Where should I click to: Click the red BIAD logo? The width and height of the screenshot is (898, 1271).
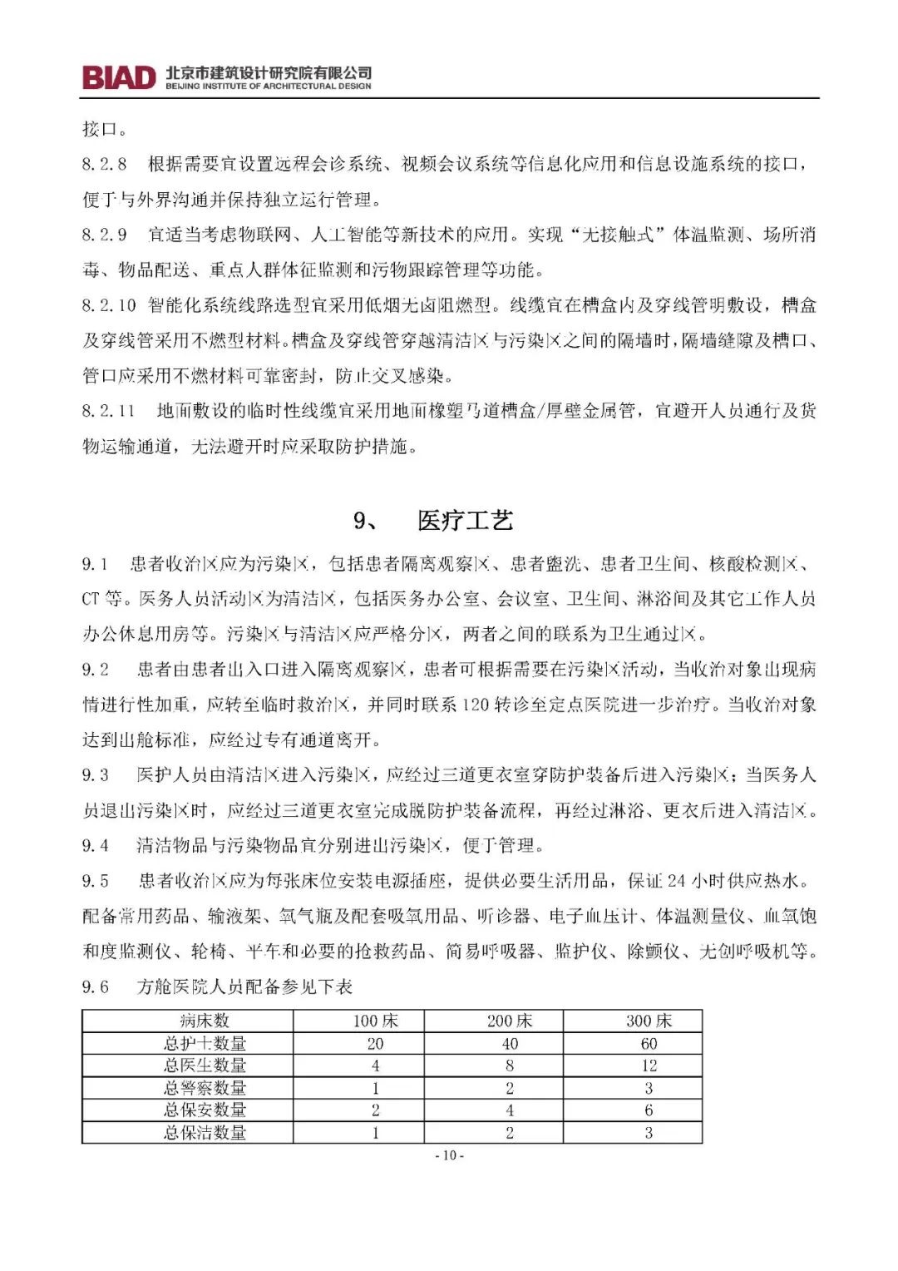click(119, 77)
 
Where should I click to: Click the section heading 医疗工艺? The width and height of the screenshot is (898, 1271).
click(466, 521)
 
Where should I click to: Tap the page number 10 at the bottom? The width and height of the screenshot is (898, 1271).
click(449, 1155)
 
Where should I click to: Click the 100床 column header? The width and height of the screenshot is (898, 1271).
click(376, 1021)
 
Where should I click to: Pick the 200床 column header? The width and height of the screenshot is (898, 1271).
click(510, 1021)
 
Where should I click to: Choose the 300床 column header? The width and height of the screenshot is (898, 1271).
click(649, 1021)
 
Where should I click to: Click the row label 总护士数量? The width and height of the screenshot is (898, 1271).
click(205, 1043)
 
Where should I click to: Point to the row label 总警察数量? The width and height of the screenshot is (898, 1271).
click(205, 1088)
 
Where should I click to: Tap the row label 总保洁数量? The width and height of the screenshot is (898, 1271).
click(205, 1132)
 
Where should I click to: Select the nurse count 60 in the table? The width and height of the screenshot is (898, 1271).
click(649, 1043)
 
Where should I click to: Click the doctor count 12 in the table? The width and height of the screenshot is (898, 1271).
click(649, 1066)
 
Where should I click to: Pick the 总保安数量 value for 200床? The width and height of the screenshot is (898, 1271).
click(510, 1110)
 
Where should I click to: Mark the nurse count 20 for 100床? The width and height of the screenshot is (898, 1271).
click(376, 1043)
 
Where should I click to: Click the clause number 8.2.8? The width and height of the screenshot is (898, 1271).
click(104, 164)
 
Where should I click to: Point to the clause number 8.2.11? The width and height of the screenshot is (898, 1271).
click(108, 411)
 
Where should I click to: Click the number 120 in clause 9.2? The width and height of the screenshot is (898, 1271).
click(475, 705)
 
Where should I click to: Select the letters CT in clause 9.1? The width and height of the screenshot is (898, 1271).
click(91, 599)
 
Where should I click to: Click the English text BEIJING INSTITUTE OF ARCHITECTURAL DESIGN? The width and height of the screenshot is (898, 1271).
click(269, 86)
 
